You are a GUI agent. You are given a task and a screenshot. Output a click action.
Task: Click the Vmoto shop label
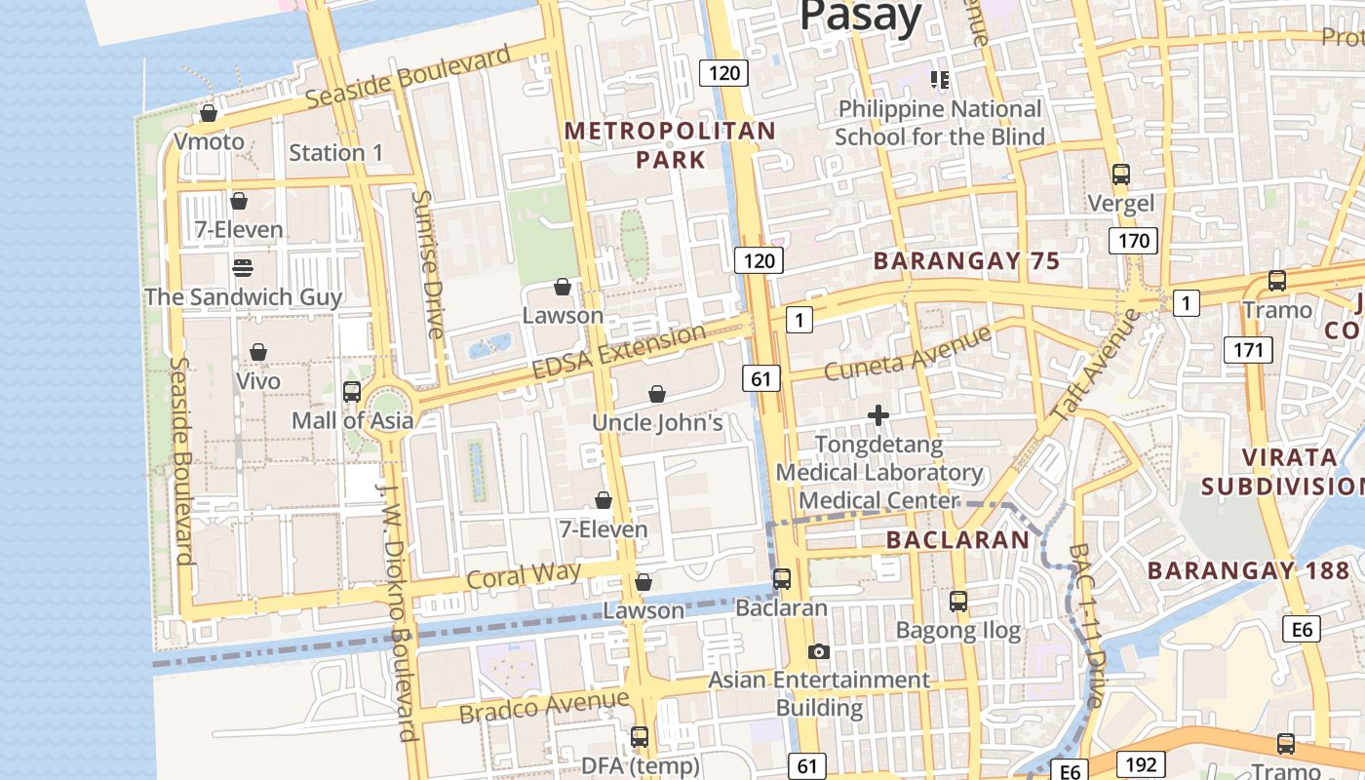[x=209, y=141]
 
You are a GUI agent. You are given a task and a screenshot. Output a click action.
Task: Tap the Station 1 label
[x=336, y=153]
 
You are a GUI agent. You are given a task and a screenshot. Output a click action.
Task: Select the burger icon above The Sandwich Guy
[x=243, y=267]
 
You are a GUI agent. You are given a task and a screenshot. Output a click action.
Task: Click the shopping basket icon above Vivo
[x=258, y=352]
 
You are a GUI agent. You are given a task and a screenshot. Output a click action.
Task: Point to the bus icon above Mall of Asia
[x=352, y=392]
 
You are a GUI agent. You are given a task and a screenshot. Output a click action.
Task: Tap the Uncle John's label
[x=657, y=422]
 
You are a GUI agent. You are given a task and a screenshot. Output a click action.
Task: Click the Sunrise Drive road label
[x=427, y=264]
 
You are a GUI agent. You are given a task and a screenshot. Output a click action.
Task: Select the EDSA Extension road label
[x=619, y=352]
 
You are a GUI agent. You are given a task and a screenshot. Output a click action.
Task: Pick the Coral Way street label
[x=524, y=575]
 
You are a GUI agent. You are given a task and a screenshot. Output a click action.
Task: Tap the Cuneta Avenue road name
[x=907, y=352]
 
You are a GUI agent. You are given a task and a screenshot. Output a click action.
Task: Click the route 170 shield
[x=1133, y=241]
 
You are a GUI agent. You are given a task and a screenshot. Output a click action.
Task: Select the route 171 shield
[x=1248, y=350]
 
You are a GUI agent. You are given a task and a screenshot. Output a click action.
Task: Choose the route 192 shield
[x=1133, y=764]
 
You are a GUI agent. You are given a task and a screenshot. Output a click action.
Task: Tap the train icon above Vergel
[x=1121, y=175]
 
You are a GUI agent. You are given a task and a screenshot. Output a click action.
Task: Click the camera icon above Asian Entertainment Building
[x=819, y=651]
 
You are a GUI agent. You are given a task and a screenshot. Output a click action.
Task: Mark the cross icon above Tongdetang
[x=878, y=416]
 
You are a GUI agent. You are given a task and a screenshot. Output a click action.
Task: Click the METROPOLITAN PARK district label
[x=670, y=144]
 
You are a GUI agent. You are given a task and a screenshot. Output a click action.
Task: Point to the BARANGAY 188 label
[x=1248, y=570]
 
